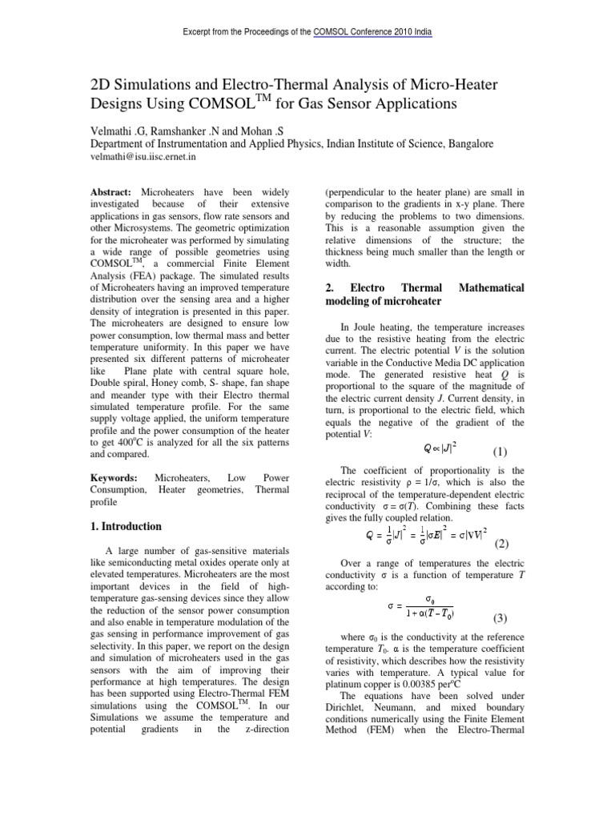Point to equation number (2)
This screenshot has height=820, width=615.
(x=502, y=544)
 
